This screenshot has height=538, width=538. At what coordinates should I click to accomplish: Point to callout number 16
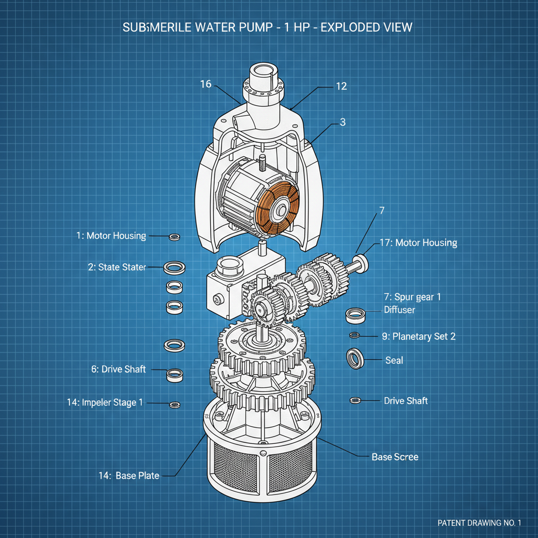click(206, 84)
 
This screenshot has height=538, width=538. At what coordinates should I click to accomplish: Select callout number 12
click(342, 86)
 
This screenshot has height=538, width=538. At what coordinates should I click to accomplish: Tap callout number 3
click(343, 122)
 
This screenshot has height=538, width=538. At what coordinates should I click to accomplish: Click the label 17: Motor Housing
click(418, 243)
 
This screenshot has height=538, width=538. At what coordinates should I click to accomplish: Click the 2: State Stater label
click(117, 267)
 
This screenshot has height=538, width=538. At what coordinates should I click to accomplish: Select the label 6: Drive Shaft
click(118, 369)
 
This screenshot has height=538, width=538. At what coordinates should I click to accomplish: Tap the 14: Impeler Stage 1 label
click(105, 402)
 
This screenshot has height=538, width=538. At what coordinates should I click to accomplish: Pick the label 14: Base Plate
click(129, 475)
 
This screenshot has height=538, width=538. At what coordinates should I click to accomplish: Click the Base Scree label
click(395, 457)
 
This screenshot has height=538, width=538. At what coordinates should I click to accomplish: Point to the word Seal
click(394, 360)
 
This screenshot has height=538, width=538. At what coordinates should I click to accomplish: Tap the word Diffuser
click(399, 310)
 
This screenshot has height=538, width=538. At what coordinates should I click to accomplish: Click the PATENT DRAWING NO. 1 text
click(479, 523)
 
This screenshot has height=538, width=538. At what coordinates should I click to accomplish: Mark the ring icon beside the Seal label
click(355, 358)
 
